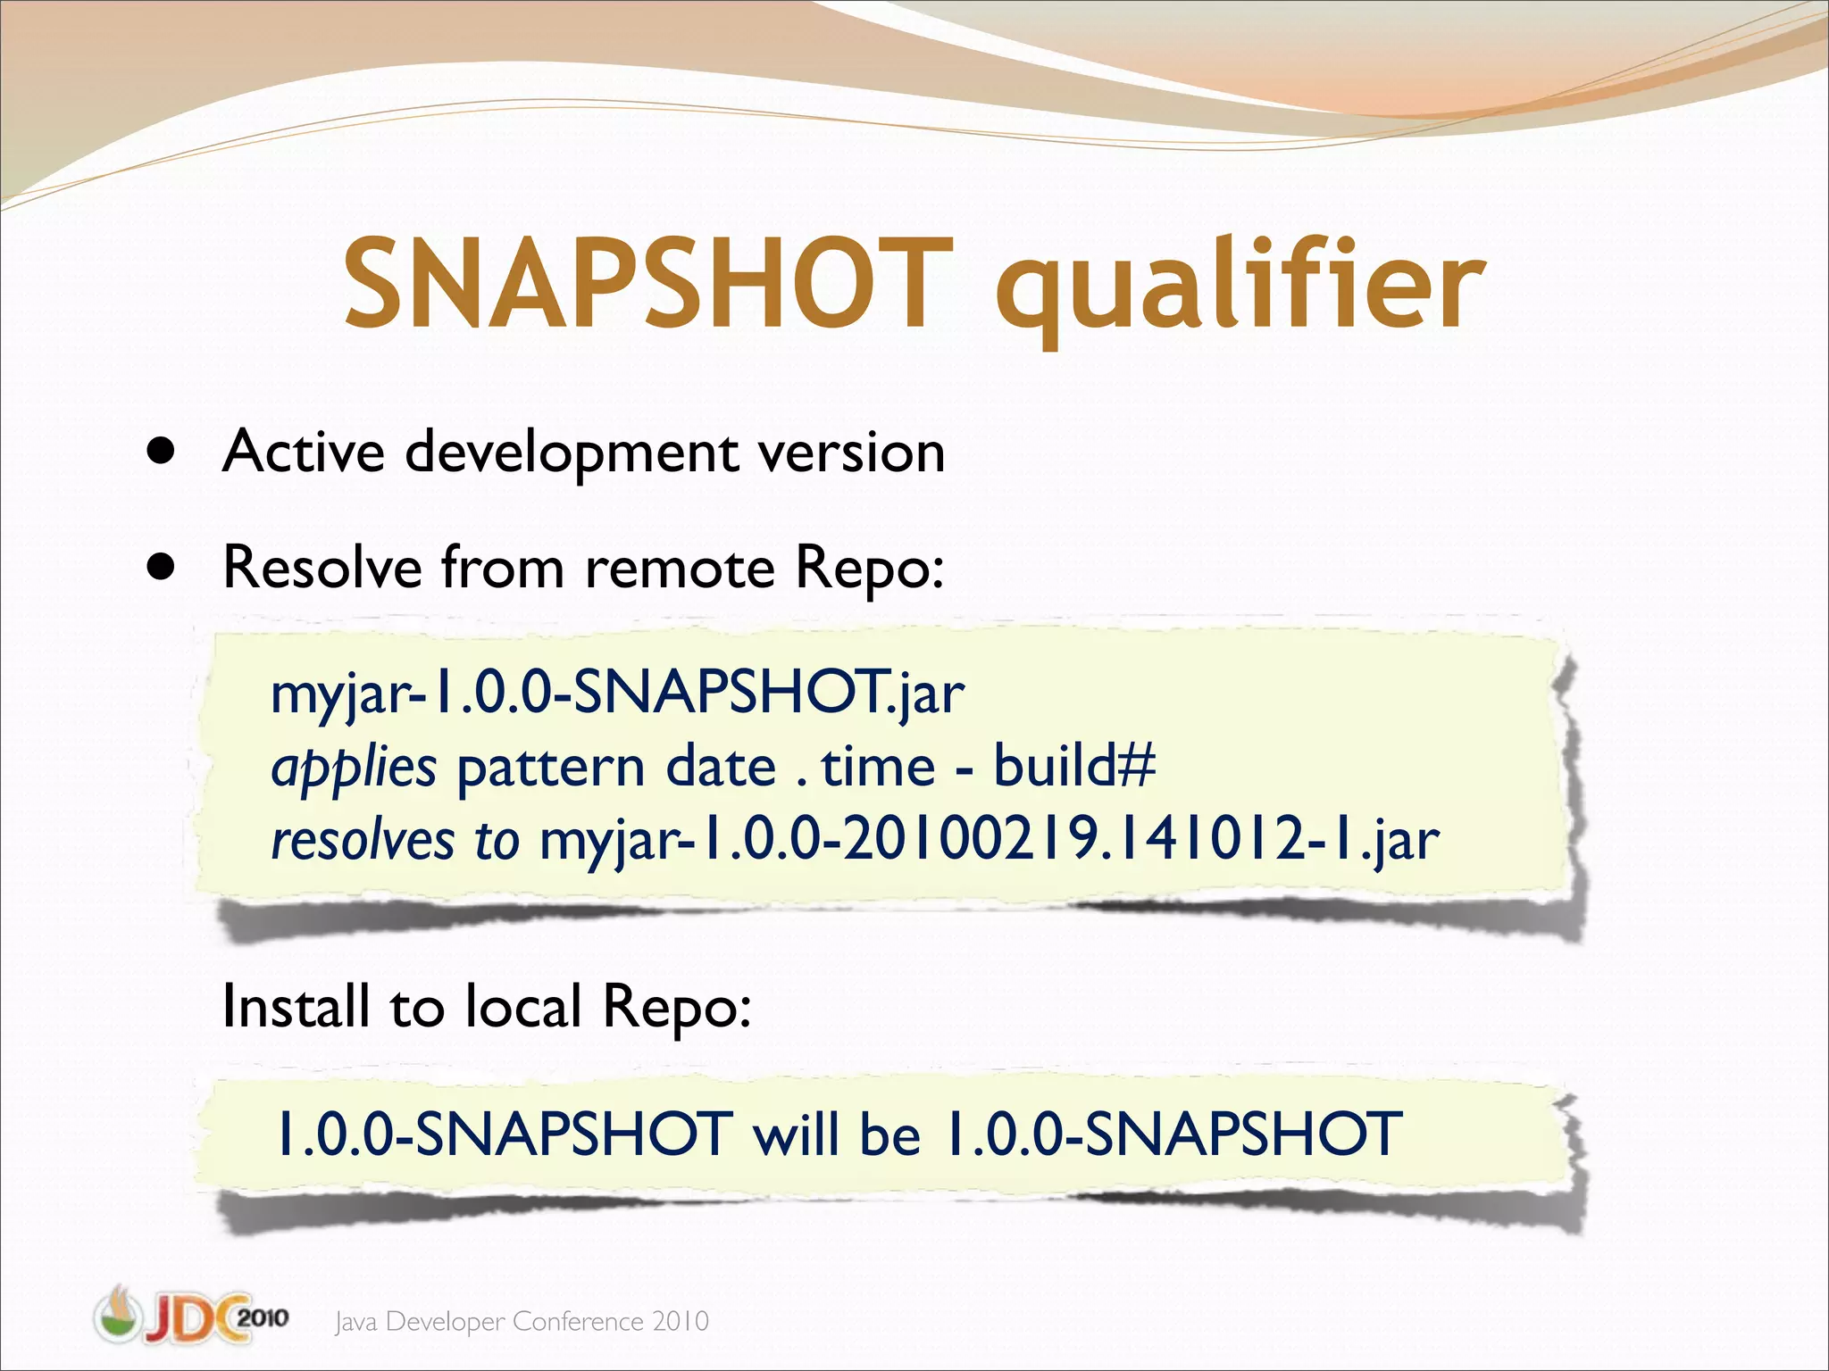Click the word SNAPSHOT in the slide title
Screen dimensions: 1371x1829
click(x=648, y=284)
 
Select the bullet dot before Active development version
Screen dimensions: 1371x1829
click(x=162, y=452)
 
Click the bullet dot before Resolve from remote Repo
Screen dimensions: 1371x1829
click(x=162, y=567)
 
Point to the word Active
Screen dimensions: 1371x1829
click(x=304, y=452)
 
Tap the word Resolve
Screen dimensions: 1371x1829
click(x=322, y=568)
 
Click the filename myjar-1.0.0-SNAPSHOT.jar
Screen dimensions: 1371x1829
click(x=617, y=693)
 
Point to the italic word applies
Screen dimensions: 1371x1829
click(x=354, y=768)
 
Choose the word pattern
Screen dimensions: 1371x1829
click(x=550, y=768)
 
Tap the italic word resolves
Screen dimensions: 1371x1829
click(x=363, y=841)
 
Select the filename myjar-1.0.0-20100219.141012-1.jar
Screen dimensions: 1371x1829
click(x=990, y=841)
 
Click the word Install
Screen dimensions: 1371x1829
click(x=296, y=1007)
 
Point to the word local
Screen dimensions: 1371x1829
click(x=522, y=1007)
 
